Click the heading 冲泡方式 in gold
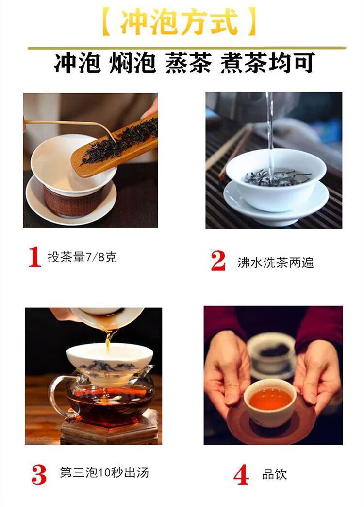pos(179,21)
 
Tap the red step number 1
pos(34,257)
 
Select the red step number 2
pos(218,261)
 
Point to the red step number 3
pos(39,474)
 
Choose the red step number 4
pos(241,474)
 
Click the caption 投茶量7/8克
pos(82,257)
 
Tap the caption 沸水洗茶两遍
pos(276,262)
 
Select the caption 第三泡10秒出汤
pos(104,472)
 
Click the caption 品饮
pos(274,474)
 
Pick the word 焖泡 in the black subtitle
pos(132,63)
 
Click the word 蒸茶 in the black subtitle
pos(188,63)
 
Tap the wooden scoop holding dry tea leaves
pos(115,147)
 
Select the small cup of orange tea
pos(270,402)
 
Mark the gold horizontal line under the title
pos(186,48)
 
